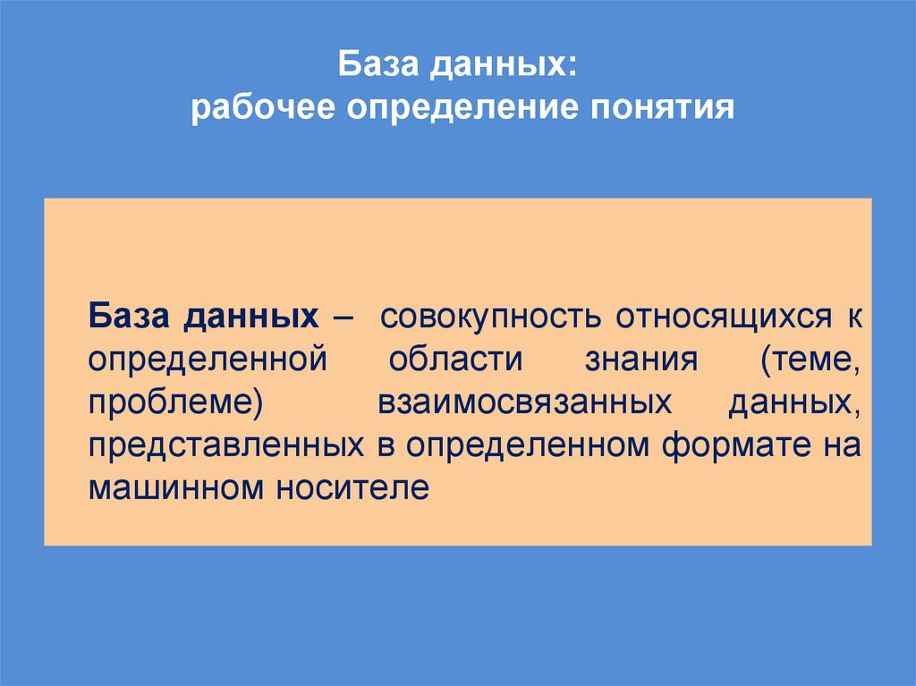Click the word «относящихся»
coord(699,318)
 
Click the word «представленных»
coord(225,445)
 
